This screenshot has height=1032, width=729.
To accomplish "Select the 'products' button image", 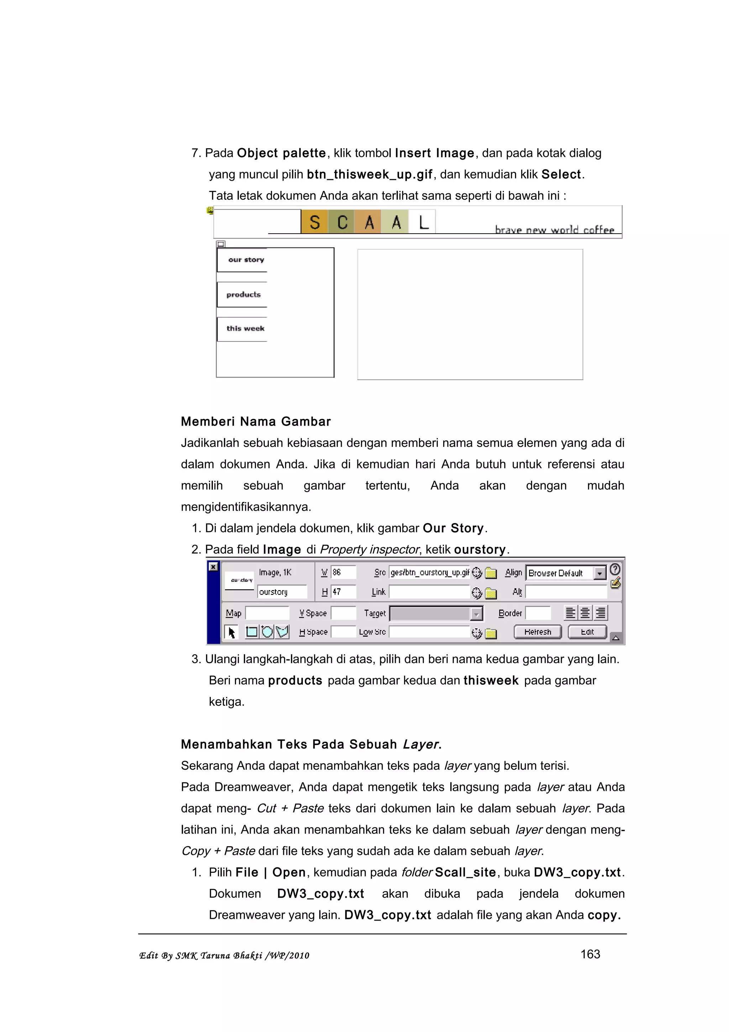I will pos(243,295).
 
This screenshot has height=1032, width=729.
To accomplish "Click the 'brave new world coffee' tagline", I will pos(554,230).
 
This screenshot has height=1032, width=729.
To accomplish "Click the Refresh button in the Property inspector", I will pos(537,631).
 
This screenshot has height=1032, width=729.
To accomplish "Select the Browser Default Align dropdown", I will pos(566,573).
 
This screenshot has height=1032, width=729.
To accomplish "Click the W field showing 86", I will pos(343,572).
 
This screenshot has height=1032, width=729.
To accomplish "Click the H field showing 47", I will pos(343,591).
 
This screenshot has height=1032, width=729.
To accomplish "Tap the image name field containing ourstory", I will pos(282,592).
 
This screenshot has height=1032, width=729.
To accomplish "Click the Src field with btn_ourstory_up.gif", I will pos(429,572).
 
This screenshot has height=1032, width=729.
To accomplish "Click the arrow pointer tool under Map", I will pos(231,632).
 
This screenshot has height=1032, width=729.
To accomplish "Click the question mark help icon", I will pos(615,569).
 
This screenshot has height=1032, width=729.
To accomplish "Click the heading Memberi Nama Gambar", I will pos(256,421).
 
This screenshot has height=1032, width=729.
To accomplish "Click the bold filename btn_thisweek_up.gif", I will pos(369,174).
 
